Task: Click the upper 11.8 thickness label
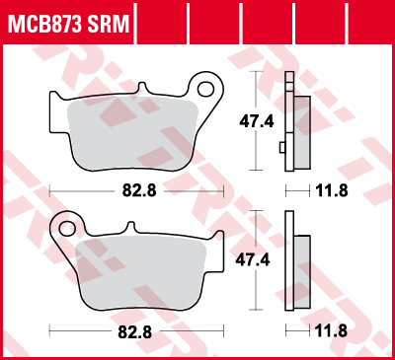(331, 189)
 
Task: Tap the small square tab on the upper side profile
(282, 148)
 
